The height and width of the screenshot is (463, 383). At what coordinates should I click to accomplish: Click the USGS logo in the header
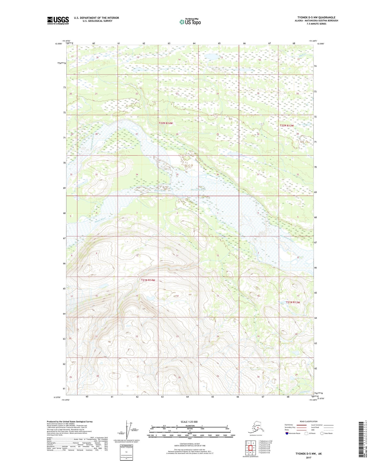pyautogui.click(x=58, y=20)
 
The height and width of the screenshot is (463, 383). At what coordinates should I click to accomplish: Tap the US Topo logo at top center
pyautogui.click(x=190, y=21)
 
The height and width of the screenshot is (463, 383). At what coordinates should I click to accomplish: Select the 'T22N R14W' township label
pyautogui.click(x=166, y=123)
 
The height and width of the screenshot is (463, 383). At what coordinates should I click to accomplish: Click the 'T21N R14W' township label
pyautogui.click(x=148, y=280)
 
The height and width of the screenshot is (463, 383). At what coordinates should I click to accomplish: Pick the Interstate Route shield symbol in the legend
pyautogui.click(x=287, y=433)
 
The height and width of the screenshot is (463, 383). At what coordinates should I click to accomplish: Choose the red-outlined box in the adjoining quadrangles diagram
pyautogui.click(x=250, y=448)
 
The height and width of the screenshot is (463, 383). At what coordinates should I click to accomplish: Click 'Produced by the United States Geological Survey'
pyautogui.click(x=69, y=422)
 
